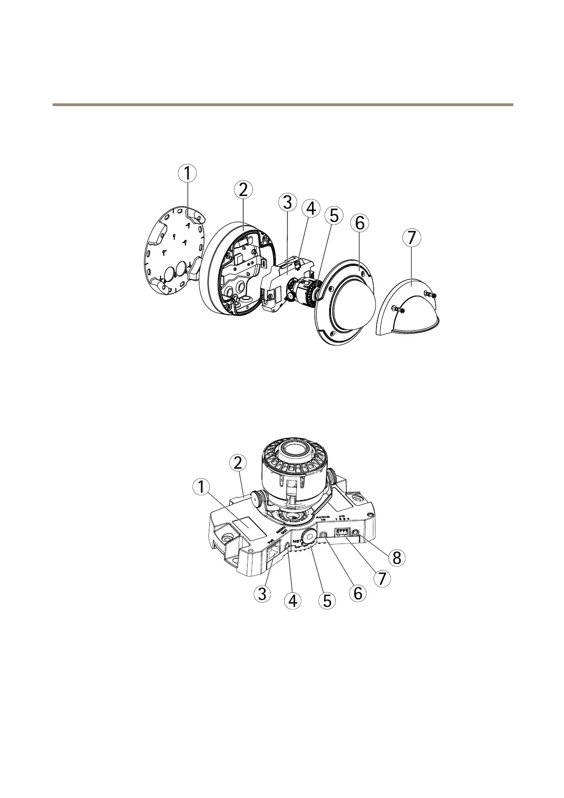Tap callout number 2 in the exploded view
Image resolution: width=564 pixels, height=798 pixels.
243,190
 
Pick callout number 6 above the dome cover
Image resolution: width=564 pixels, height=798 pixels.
359,223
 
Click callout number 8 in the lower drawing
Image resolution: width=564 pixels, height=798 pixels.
396,558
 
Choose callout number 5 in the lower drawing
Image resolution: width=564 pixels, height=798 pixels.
327,600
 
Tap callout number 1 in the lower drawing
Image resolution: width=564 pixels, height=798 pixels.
202,486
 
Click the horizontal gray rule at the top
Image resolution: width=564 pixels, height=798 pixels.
282,104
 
